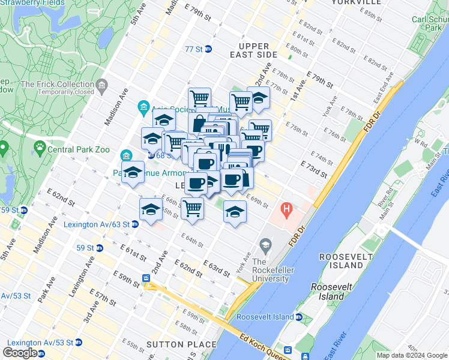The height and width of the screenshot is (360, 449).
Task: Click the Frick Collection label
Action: coord(58,85)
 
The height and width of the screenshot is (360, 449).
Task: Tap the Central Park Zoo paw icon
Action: coord(40,146)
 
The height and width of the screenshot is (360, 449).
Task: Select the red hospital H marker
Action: coord(286,211)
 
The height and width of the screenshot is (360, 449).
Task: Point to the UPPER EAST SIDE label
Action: coord(262,50)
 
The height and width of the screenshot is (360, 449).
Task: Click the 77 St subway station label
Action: coord(194,49)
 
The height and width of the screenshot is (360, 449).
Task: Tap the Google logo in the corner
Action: coord(20,353)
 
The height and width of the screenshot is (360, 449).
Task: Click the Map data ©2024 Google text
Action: coord(412,356)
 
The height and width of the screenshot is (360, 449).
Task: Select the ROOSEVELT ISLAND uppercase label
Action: coord(342,261)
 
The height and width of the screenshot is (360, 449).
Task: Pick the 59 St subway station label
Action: coord(85,247)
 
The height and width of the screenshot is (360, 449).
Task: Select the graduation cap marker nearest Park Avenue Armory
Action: coord(133,173)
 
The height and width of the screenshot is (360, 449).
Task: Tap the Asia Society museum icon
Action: coord(143,109)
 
